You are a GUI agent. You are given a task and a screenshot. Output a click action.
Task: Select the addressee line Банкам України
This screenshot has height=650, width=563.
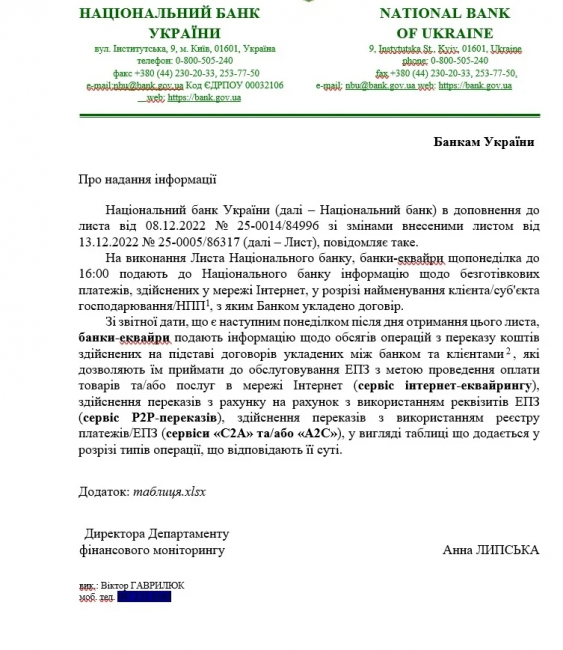483,141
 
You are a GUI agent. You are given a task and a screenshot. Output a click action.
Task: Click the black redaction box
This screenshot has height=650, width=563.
144,597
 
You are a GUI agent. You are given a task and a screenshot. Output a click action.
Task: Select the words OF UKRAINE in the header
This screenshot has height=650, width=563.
445,32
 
